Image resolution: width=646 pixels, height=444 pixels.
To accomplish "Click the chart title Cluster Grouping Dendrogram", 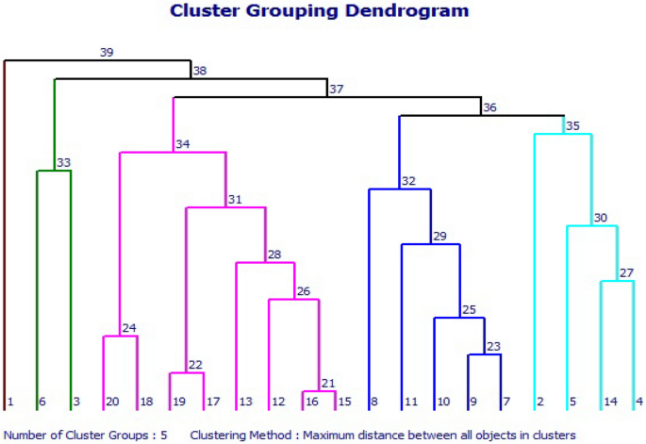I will (319, 11).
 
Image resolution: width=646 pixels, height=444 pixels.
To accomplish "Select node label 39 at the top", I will (107, 53).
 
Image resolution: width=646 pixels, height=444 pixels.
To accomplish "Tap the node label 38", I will (199, 71).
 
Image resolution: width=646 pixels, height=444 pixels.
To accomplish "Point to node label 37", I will (337, 90).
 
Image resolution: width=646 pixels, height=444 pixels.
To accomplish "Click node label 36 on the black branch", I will (489, 107).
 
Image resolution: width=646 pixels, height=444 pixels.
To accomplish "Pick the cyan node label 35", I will (572, 125).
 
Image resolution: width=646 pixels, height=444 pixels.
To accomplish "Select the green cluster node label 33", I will (64, 163).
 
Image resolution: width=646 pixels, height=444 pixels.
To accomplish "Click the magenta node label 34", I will (183, 144).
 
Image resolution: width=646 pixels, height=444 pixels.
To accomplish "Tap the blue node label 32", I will (408, 181).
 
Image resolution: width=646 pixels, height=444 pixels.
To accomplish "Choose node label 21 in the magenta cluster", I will (328, 383).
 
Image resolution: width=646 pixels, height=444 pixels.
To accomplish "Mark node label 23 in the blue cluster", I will (494, 346).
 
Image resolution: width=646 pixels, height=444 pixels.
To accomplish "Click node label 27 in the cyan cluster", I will (627, 273).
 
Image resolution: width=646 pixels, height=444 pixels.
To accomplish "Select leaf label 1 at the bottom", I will (10, 402).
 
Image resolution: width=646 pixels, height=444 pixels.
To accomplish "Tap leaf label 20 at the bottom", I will (112, 402).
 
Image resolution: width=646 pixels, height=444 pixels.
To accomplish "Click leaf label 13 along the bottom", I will (245, 402).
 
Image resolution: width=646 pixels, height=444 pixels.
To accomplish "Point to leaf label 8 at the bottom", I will (373, 402).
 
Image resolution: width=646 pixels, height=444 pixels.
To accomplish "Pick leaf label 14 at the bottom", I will (611, 402).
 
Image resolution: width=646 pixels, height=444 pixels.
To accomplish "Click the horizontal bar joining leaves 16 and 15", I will (320, 391).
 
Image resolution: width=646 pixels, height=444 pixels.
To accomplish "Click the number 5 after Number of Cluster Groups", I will (163, 435).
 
